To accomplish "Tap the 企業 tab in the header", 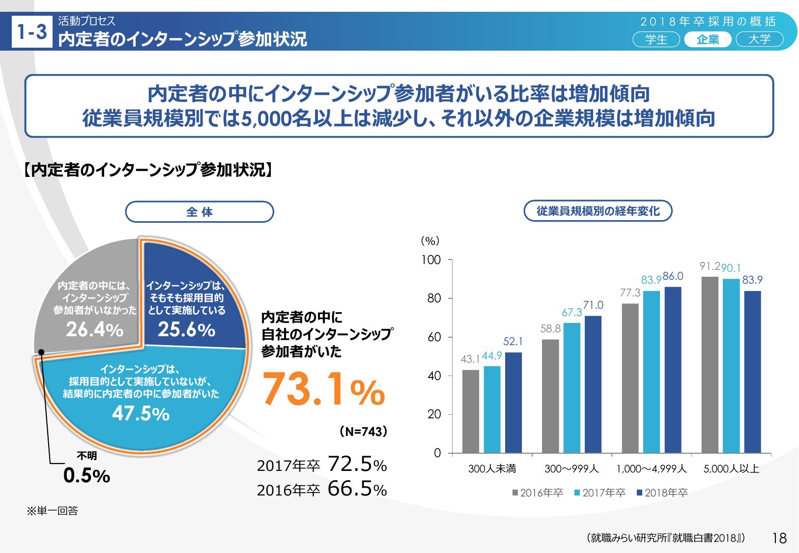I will pos(708,40).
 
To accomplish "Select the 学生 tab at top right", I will pos(656,40).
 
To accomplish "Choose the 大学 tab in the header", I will pos(760,40).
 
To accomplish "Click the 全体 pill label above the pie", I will pos(200,212).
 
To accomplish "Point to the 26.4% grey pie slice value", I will pos(94,330).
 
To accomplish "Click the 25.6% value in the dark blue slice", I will pos(186,330).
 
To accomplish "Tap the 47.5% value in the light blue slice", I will pos(141,414).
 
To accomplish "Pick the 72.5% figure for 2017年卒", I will pos(357,465).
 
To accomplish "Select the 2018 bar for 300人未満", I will pos(514,403).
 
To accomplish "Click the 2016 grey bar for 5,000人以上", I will pos(710,365).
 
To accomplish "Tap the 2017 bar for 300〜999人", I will pos(572,388).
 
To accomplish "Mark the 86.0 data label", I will pos(673,277).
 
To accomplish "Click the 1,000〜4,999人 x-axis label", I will pos(652,469).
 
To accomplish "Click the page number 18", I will pos(779,538).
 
